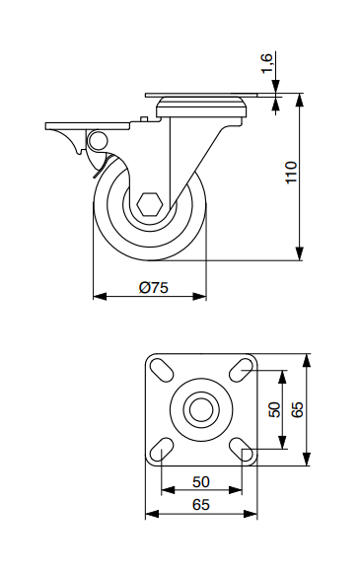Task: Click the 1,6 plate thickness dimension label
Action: pyautogui.click(x=267, y=63)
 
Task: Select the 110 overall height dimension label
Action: pyautogui.click(x=292, y=173)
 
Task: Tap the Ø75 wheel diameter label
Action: pyautogui.click(x=154, y=288)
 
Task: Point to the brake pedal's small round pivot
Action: pyautogui.click(x=97, y=140)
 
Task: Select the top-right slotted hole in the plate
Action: pyautogui.click(x=241, y=370)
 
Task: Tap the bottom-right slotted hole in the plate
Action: pyautogui.click(x=242, y=449)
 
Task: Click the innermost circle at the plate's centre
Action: pyautogui.click(x=201, y=409)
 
